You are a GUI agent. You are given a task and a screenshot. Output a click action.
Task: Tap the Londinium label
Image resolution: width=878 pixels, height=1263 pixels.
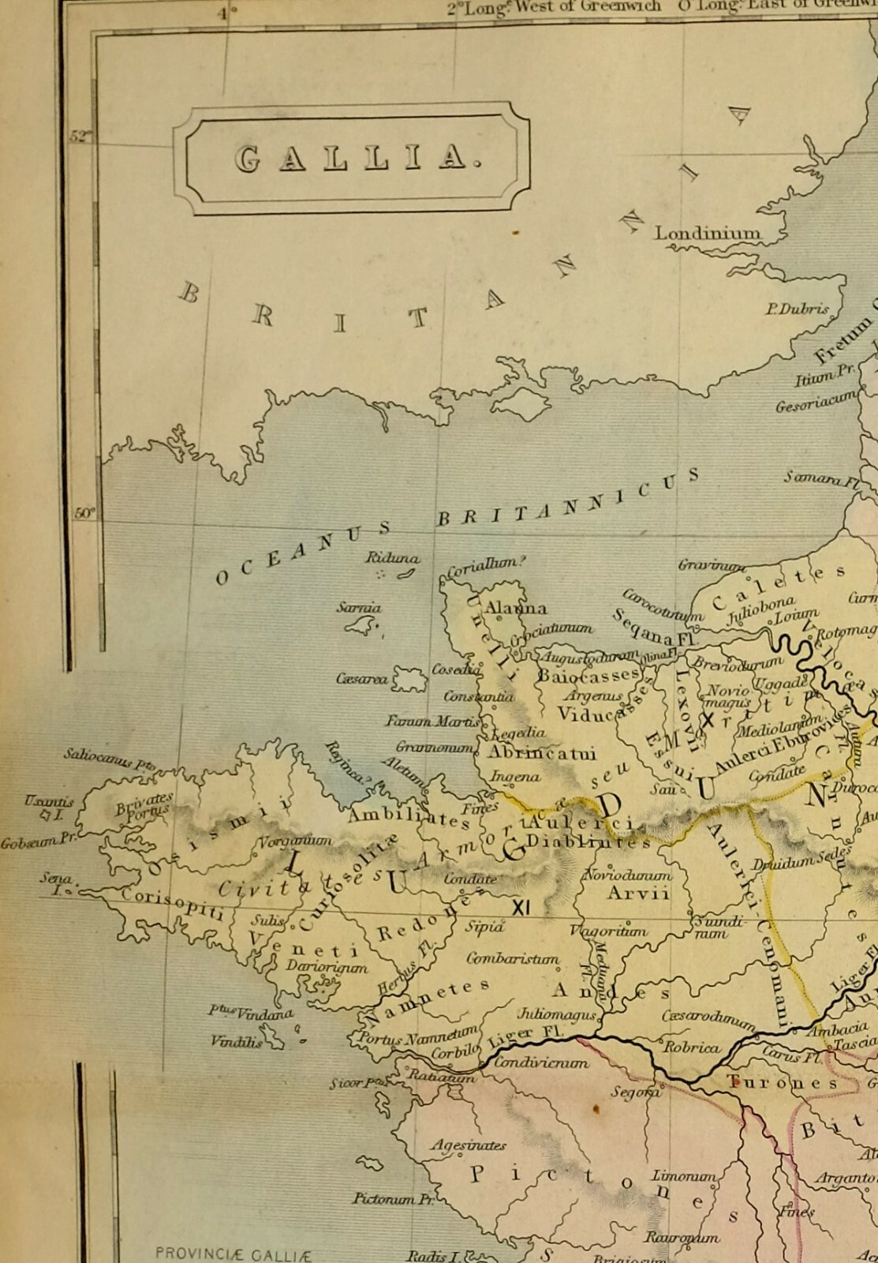click(708, 234)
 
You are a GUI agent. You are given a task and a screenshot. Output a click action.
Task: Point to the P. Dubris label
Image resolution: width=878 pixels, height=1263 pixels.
click(797, 309)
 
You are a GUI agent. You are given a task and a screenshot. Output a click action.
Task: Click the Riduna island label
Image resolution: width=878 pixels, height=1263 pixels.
click(391, 558)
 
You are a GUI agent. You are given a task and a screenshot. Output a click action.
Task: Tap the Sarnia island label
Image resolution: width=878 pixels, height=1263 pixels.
click(359, 608)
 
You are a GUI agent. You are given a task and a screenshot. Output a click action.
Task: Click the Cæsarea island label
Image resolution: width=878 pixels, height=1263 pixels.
click(361, 679)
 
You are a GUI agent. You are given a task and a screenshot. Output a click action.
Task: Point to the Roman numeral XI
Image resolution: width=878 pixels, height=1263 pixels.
click(521, 908)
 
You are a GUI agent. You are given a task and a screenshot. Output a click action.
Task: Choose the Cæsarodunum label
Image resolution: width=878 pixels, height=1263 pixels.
click(708, 1018)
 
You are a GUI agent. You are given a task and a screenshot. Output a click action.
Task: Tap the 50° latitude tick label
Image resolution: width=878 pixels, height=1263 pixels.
click(84, 513)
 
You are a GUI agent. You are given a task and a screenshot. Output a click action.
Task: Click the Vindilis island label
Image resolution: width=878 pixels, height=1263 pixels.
click(237, 1041)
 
